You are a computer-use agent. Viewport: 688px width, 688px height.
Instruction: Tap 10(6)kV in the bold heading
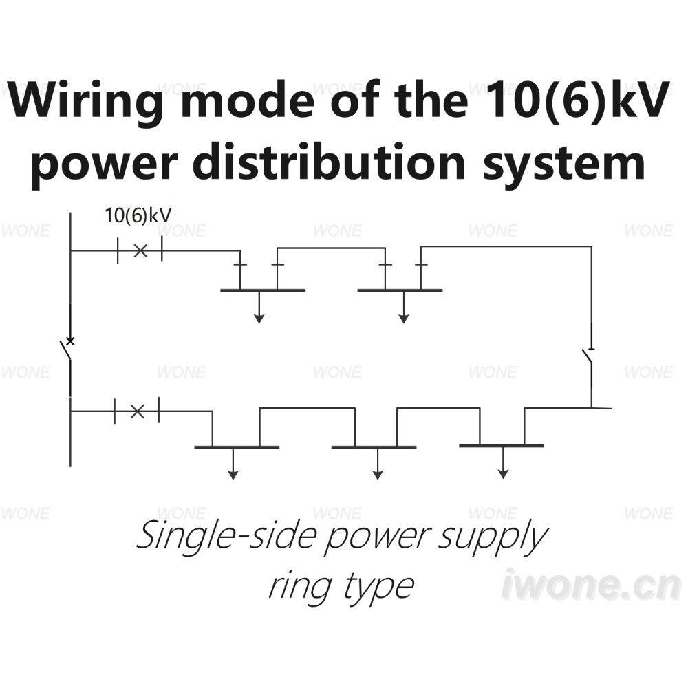coord(579,100)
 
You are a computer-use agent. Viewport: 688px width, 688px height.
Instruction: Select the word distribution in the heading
coord(329,162)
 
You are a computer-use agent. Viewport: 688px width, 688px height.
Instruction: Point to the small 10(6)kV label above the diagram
coord(138,215)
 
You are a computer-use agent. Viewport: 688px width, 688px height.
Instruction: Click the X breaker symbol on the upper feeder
coord(140,251)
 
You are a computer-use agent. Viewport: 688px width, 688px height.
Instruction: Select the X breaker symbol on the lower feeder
coord(138,411)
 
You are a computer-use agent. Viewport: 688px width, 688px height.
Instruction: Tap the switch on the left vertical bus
coord(68,350)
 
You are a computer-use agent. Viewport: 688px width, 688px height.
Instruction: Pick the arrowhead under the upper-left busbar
coord(259,319)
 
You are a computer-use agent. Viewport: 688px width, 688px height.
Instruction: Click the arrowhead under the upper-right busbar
coord(404,319)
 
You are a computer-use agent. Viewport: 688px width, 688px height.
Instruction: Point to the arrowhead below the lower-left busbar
coord(233,475)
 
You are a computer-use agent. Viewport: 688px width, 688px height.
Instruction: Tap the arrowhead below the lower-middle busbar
coord(378,475)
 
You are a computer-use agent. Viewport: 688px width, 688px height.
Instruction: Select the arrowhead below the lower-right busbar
coord(504,474)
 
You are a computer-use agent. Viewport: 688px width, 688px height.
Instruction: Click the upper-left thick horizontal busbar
coord(263,290)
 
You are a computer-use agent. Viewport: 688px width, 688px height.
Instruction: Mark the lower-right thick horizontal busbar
coord(502,446)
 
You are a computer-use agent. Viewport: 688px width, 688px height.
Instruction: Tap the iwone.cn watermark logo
coord(592,584)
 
